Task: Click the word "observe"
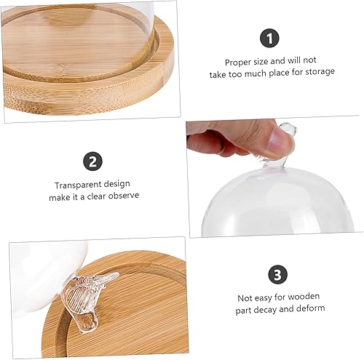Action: tap(120, 196)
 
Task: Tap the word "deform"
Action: tap(310, 309)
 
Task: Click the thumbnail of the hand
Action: tap(233, 138)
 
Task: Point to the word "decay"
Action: tap(266, 309)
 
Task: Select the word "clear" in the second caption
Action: tap(89, 196)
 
